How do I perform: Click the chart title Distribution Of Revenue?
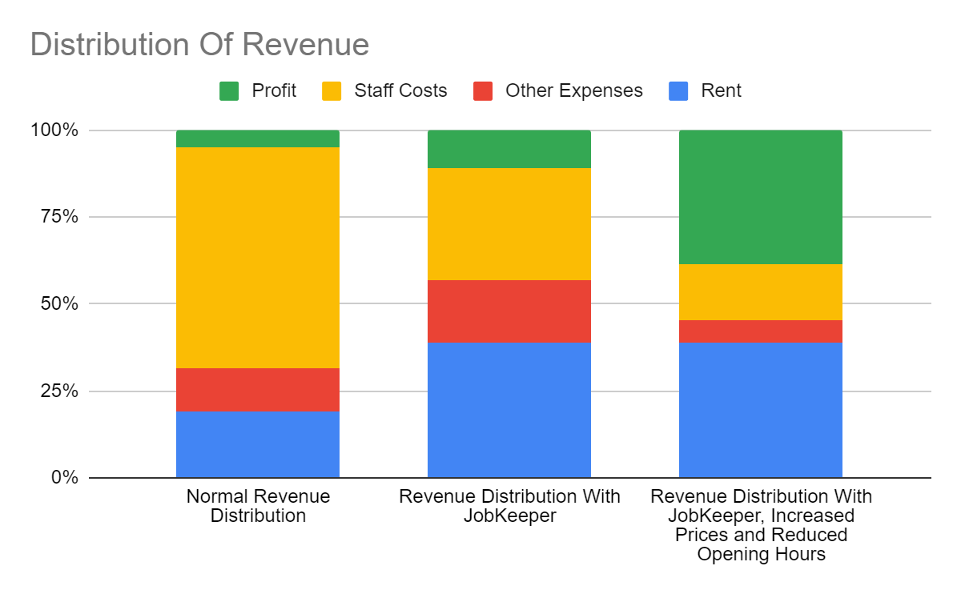[x=199, y=45]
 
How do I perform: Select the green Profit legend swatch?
[x=230, y=91]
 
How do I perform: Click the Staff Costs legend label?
[x=400, y=91]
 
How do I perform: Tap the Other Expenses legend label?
[x=573, y=91]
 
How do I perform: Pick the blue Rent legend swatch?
[x=678, y=91]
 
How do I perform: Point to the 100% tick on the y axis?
[x=54, y=130]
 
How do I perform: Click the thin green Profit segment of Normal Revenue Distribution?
[x=258, y=139]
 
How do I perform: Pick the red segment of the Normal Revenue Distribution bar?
[x=258, y=390]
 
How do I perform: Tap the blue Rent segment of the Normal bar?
[x=258, y=444]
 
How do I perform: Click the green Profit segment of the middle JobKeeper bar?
[x=509, y=149]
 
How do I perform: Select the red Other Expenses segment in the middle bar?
[x=509, y=311]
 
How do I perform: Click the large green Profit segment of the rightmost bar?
[x=761, y=197]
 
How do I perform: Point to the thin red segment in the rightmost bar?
[x=761, y=331]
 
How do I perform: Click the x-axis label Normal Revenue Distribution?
[x=258, y=506]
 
